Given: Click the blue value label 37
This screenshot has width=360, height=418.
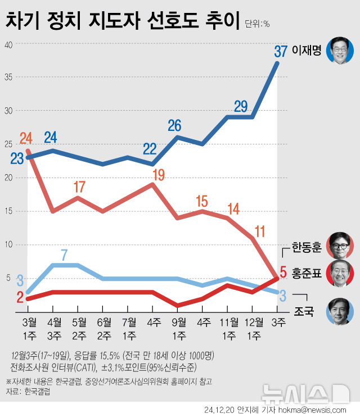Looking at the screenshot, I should tap(281, 51).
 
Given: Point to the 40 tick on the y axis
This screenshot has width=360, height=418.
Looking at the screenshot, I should tap(8, 44).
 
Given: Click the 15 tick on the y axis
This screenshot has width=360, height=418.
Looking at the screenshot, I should tap(8, 211).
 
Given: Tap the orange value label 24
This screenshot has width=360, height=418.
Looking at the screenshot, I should tap(26, 138).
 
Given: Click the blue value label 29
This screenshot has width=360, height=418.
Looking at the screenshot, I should tap(241, 106).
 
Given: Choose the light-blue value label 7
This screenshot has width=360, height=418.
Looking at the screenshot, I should tap(64, 254).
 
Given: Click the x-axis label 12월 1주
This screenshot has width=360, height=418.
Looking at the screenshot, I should tap(253, 329).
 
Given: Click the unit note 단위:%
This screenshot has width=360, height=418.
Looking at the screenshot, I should tap(258, 24).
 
